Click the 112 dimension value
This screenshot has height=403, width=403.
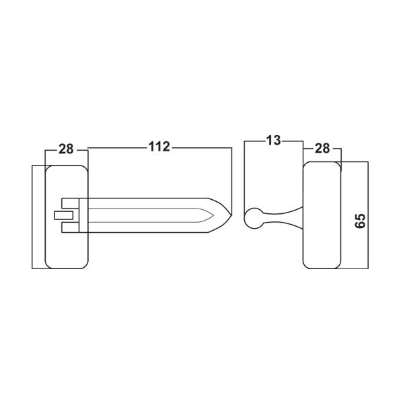click(x=159, y=147)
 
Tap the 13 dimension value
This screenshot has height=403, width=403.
click(x=273, y=141)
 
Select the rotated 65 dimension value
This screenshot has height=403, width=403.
click(x=360, y=221)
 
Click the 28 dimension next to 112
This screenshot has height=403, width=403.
click(x=66, y=149)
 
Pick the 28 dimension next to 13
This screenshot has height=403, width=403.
click(x=322, y=149)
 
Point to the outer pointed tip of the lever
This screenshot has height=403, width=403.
click(x=231, y=215)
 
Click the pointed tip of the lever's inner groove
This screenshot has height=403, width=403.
click(x=214, y=215)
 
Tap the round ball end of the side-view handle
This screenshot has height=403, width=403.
click(x=253, y=218)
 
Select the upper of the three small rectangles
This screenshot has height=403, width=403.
click(x=71, y=203)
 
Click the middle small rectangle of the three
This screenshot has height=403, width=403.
click(x=64, y=215)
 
